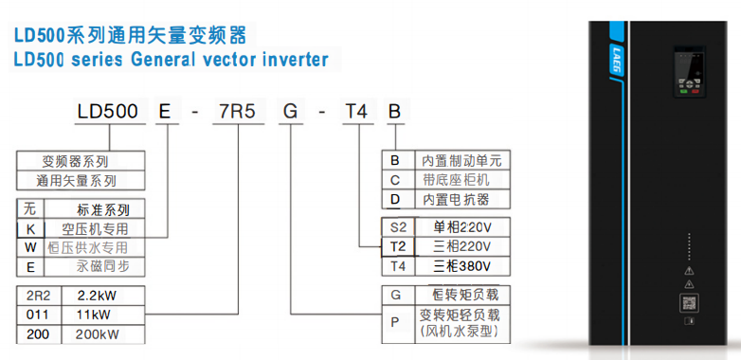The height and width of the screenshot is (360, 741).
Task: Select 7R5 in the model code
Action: pos(237,112)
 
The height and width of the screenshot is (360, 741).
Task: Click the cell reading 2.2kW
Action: pos(97,294)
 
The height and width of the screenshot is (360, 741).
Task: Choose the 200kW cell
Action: pos(97,333)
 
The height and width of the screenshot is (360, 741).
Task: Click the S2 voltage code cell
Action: pos(397,226)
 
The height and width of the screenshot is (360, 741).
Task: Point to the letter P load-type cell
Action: pos(397,323)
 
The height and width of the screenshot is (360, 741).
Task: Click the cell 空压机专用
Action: pos(95,228)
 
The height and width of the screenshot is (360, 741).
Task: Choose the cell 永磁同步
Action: pos(95,267)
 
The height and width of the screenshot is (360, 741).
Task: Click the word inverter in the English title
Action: pos(288,60)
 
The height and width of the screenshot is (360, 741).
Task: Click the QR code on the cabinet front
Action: pos(688,303)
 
